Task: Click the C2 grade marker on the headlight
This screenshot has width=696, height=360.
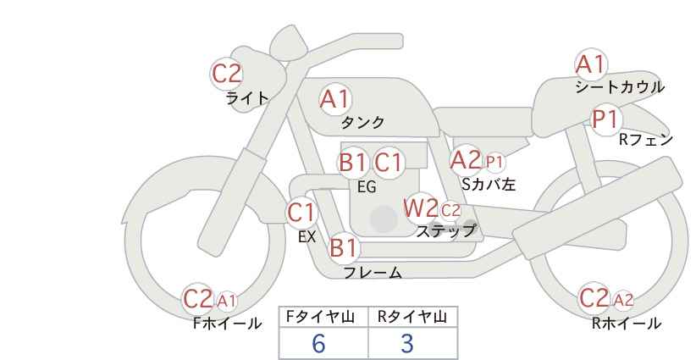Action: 227,75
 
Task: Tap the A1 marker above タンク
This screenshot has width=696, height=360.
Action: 335,99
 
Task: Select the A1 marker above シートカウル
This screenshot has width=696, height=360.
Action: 591,64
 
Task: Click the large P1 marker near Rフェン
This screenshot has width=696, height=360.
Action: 606,119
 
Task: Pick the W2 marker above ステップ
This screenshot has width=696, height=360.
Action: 420,208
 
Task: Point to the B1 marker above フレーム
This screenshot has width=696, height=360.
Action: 344,247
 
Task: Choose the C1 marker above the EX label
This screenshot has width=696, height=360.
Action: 301,213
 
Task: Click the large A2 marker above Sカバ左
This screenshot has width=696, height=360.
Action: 466,160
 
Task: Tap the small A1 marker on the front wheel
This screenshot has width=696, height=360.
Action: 227,302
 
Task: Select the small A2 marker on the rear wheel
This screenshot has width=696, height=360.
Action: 623,301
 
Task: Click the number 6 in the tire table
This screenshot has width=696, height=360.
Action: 318,343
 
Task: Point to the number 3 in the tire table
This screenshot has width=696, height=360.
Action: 407,343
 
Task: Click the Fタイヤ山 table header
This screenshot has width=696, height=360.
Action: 320,317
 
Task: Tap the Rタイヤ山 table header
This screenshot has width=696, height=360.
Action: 412,317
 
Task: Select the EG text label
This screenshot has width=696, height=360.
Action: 367,187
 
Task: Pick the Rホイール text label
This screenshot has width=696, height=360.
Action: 627,324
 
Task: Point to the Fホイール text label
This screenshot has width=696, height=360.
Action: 227,324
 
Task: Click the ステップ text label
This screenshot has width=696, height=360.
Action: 446,231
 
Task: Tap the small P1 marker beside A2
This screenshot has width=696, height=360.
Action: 494,162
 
